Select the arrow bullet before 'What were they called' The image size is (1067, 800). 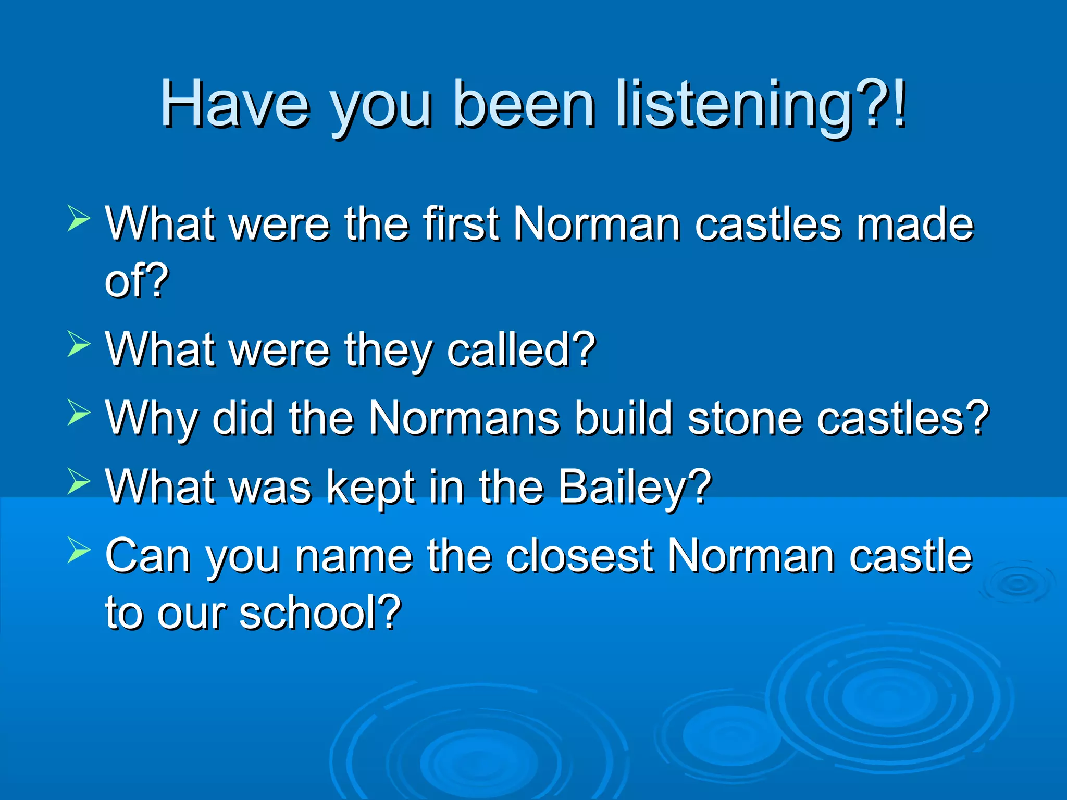[79, 344]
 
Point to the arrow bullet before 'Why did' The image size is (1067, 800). [79, 413]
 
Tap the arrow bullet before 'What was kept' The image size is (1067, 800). [79, 481]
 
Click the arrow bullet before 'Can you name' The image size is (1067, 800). [79, 550]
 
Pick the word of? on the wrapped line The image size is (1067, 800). [137, 281]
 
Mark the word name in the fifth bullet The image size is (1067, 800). [354, 556]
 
